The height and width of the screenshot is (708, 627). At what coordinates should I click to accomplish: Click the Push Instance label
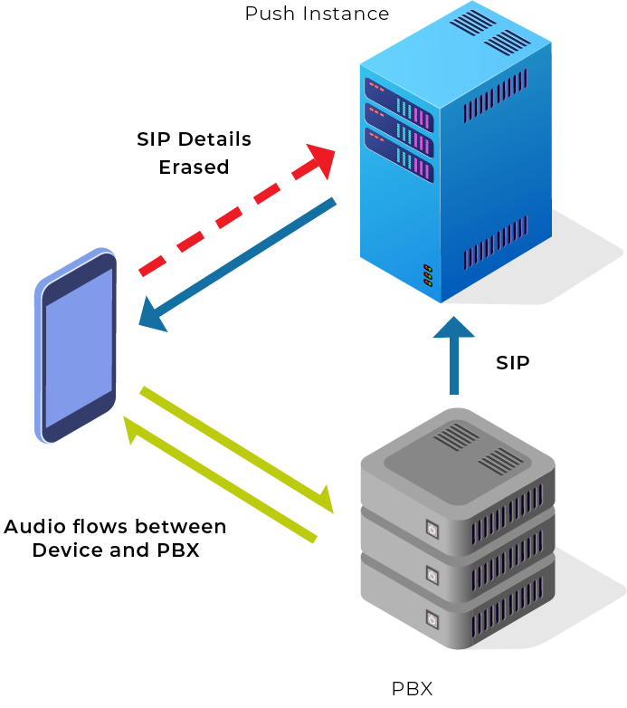coord(317,14)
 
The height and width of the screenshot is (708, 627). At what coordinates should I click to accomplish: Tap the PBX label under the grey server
coord(412,688)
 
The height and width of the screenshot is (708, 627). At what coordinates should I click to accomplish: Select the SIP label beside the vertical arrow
coord(512,363)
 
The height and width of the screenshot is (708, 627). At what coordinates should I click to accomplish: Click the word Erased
coord(194,167)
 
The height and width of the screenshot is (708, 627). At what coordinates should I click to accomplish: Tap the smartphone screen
coord(79,349)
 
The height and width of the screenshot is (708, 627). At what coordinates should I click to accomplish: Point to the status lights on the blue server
coord(427,275)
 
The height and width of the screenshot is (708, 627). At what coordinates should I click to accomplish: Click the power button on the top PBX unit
coord(432,529)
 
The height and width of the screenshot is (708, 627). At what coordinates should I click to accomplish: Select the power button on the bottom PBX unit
coord(432,620)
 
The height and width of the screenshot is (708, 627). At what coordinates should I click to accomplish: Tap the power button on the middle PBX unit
coord(432,575)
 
